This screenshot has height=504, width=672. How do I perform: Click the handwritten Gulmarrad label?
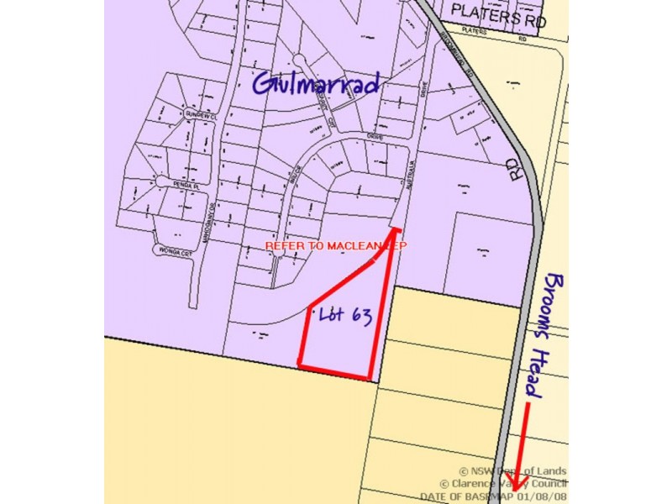[x=317, y=83]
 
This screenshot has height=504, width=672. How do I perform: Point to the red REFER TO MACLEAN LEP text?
[x=336, y=246]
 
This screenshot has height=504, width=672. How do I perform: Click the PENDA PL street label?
[x=186, y=182]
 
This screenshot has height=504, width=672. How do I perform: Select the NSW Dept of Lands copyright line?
[x=512, y=471]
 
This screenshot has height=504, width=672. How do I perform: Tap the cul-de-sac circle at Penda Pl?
[x=163, y=181]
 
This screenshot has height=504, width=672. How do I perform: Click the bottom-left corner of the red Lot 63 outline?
[x=301, y=363]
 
